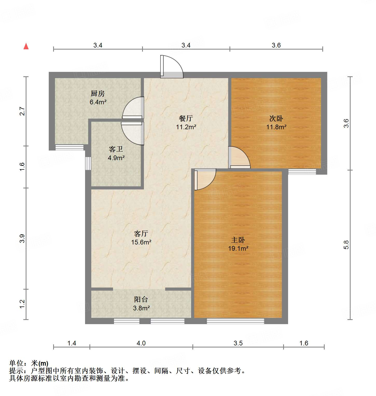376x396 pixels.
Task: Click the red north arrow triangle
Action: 26,46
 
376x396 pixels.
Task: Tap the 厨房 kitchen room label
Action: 98,93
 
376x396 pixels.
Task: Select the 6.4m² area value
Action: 98,102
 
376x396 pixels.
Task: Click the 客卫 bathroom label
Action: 116,149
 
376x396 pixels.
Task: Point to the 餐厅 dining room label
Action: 186,119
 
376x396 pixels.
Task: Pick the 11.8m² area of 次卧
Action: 276,127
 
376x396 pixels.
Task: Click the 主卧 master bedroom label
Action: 238,240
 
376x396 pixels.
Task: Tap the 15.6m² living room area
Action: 141,242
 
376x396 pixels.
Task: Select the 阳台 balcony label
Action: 141,299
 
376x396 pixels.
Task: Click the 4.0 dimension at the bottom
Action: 141,343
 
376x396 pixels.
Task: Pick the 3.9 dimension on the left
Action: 22,238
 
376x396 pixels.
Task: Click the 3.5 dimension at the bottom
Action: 238,343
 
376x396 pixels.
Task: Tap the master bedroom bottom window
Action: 235,321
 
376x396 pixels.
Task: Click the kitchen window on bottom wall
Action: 69,148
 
